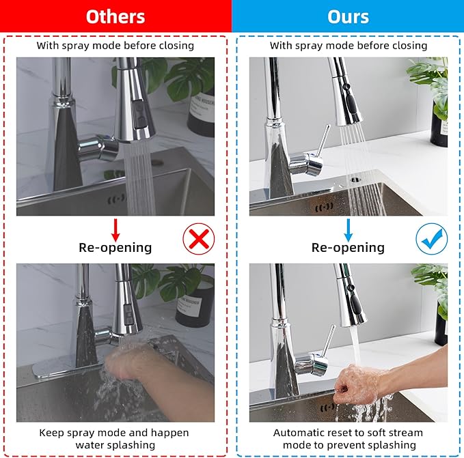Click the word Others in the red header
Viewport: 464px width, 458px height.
click(115, 16)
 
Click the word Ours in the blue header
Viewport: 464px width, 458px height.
click(348, 16)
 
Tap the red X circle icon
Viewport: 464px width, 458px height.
click(199, 240)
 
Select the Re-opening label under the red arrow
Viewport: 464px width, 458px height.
click(115, 248)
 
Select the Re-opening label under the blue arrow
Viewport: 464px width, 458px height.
click(348, 248)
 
